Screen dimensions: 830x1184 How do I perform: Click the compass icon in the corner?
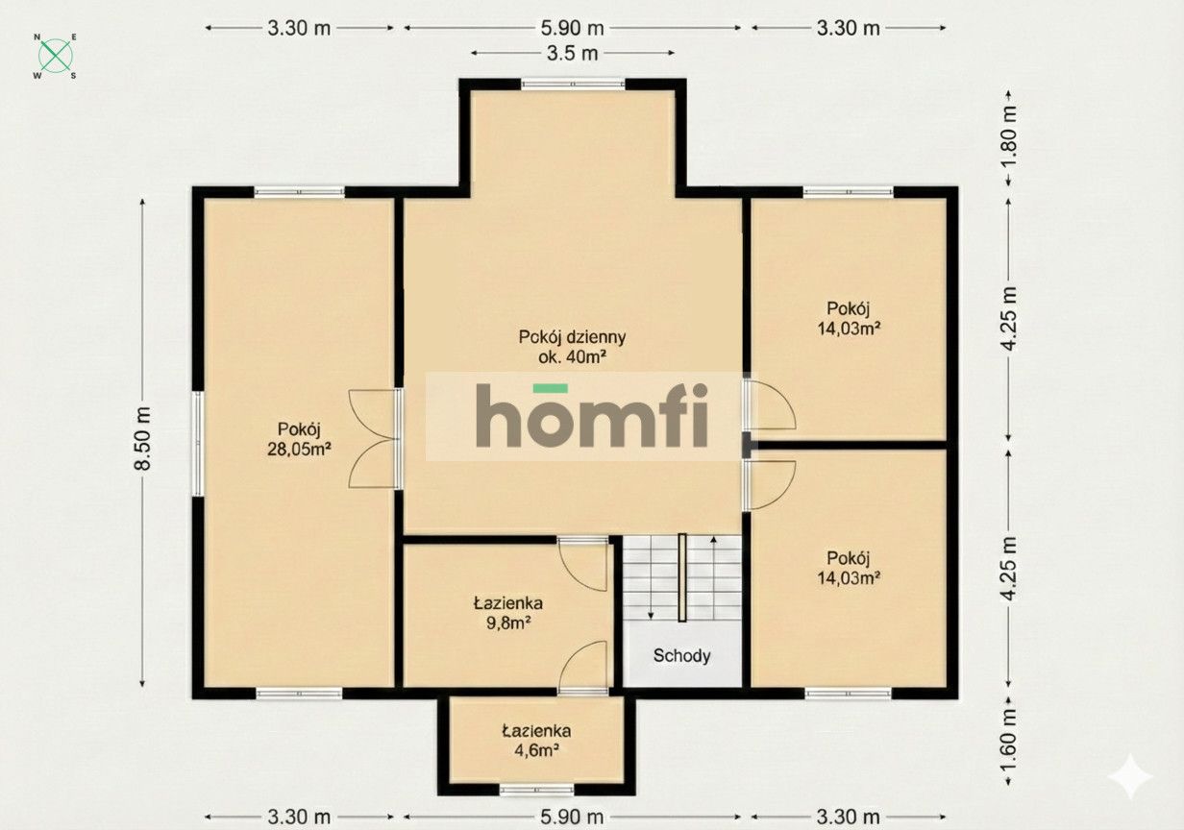pos(56,56)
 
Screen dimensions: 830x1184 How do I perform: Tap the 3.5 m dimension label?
pos(574,54)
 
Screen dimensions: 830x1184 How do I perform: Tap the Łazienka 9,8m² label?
pos(508,613)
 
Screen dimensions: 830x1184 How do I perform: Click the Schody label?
pos(682,656)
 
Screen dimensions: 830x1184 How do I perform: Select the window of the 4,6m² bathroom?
pos(536,791)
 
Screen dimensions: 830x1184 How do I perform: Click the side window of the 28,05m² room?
pos(196,443)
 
